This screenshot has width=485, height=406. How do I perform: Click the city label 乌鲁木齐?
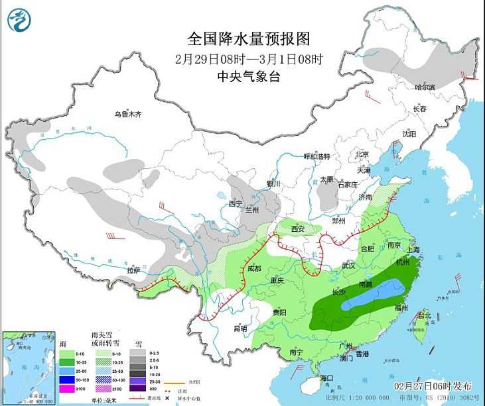(127, 115)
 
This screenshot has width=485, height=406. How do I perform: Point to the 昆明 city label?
(240, 328)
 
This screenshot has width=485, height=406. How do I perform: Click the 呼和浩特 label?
(316, 156)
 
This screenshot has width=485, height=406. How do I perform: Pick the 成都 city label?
(254, 269)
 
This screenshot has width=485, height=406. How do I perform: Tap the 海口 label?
(326, 378)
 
